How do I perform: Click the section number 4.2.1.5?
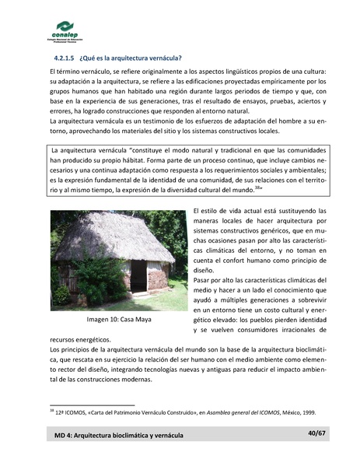pyautogui.click(x=65, y=58)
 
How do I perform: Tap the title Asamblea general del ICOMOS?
pyautogui.click(x=225, y=412)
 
